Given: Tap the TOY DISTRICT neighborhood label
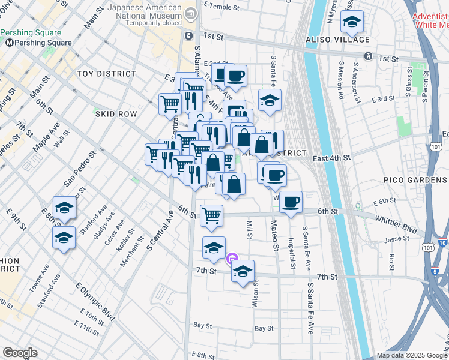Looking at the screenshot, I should coord(107,74).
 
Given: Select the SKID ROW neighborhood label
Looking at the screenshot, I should coord(116,113).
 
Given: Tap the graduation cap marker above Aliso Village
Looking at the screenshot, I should coord(351,23).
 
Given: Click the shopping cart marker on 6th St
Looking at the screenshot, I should coord(211,215).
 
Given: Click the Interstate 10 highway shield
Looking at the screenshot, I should coord(442,242).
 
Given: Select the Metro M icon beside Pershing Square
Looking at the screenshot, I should coord(10,43).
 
